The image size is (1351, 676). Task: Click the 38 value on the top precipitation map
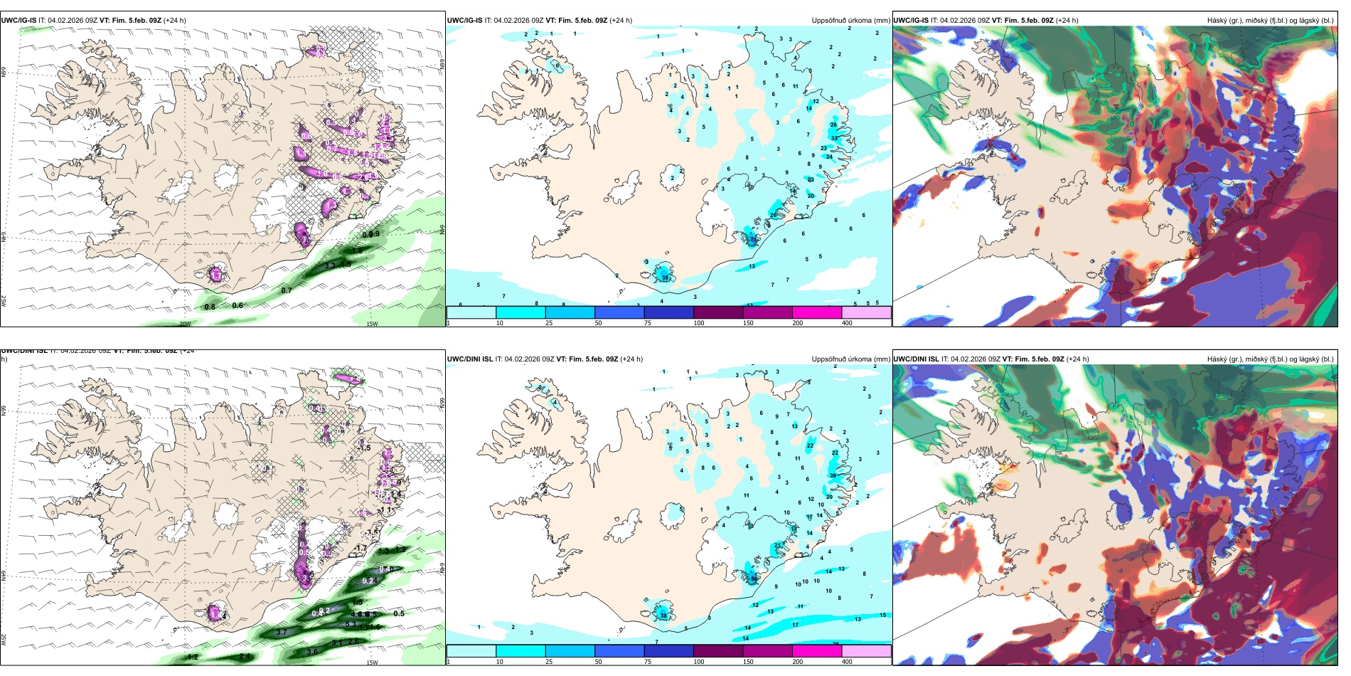coord(666,278)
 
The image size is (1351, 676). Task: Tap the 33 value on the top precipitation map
coord(811,179)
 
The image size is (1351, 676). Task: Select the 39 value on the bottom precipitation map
coord(833,475)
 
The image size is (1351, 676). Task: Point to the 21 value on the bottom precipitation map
coord(777,545)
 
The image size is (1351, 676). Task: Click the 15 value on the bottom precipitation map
coord(882,615)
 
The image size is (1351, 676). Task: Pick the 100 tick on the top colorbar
coord(699,323)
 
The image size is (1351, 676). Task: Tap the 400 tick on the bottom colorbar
coord(847,662)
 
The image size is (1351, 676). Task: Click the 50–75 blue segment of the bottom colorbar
coord(619,651)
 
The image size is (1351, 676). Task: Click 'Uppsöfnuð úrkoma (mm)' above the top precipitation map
coord(850,21)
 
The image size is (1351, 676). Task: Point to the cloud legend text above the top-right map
coord(1270,21)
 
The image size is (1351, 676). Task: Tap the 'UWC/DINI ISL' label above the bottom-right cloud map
coord(916,359)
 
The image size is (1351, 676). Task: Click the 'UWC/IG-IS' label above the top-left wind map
coord(18,21)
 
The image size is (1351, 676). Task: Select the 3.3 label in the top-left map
coord(329,265)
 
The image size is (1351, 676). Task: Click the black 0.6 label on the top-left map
coord(237,305)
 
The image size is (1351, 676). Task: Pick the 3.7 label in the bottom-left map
coord(281,632)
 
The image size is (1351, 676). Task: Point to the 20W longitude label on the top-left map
coord(184,324)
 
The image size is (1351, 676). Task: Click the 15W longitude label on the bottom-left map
coord(371,662)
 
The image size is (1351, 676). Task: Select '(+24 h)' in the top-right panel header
coord(1067,21)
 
